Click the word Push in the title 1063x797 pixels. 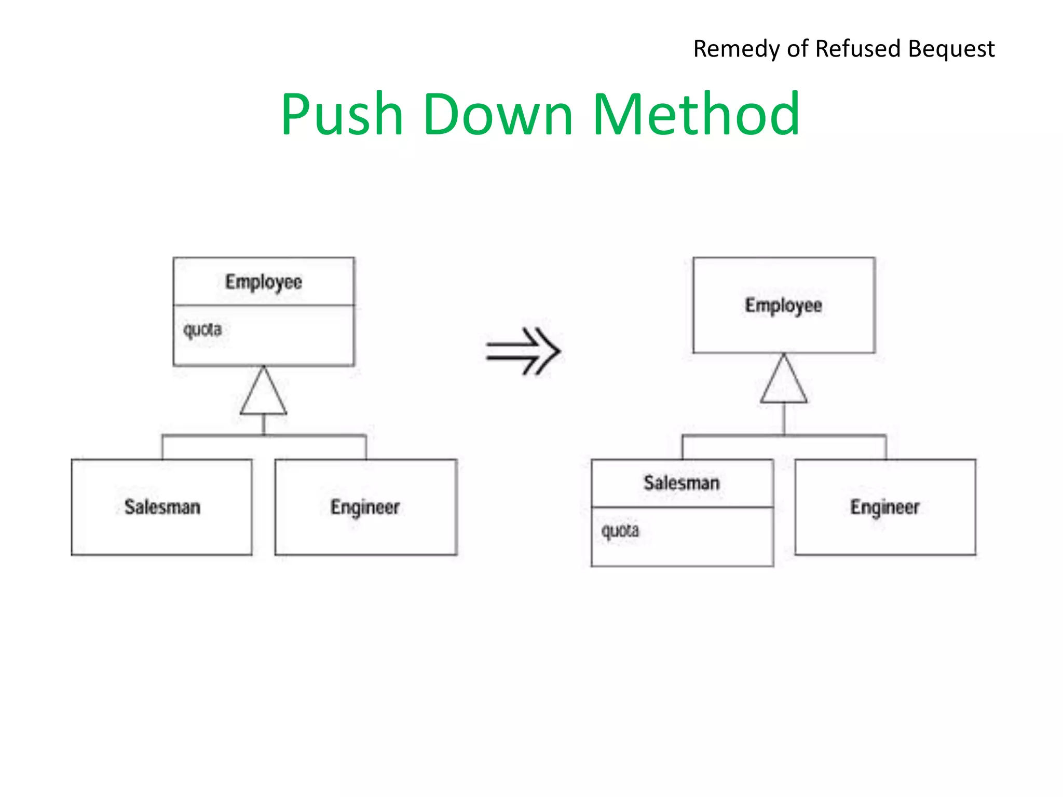[343, 115]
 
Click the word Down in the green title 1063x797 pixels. [498, 115]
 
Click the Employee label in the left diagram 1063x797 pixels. [264, 282]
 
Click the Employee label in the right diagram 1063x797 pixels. [784, 306]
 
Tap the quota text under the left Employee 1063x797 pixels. [202, 330]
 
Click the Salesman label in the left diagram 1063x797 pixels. [162, 507]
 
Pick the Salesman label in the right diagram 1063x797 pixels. [682, 483]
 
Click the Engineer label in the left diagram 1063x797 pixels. [365, 507]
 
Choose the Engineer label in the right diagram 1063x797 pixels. [885, 507]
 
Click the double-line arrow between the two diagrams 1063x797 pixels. [523, 351]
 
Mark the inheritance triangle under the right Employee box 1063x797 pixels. [784, 383]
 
